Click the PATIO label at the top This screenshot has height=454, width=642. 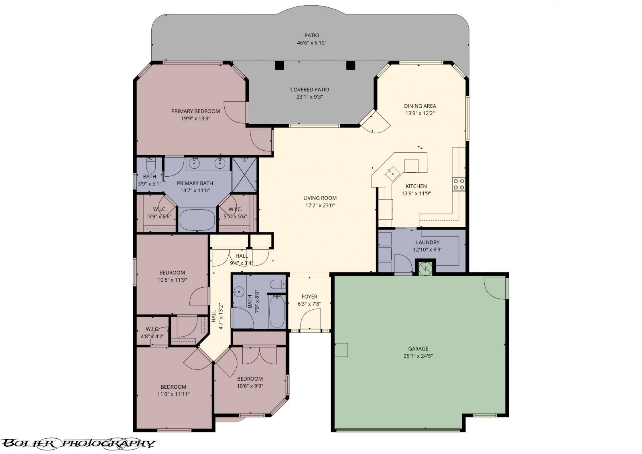[311, 35]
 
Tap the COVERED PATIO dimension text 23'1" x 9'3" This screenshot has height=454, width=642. [309, 97]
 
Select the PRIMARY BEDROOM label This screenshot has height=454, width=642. [195, 111]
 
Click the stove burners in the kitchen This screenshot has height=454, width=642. [459, 184]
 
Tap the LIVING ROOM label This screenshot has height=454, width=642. [320, 198]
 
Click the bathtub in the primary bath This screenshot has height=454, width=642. [197, 220]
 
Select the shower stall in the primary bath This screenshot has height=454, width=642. [244, 174]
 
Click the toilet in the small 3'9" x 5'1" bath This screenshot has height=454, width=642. [150, 165]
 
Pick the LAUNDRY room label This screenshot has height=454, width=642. [427, 242]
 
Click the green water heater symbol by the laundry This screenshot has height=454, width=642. [425, 267]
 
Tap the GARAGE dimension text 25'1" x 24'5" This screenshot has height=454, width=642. [418, 355]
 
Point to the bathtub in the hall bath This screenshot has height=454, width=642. [276, 311]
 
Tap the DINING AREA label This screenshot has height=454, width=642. [420, 106]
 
